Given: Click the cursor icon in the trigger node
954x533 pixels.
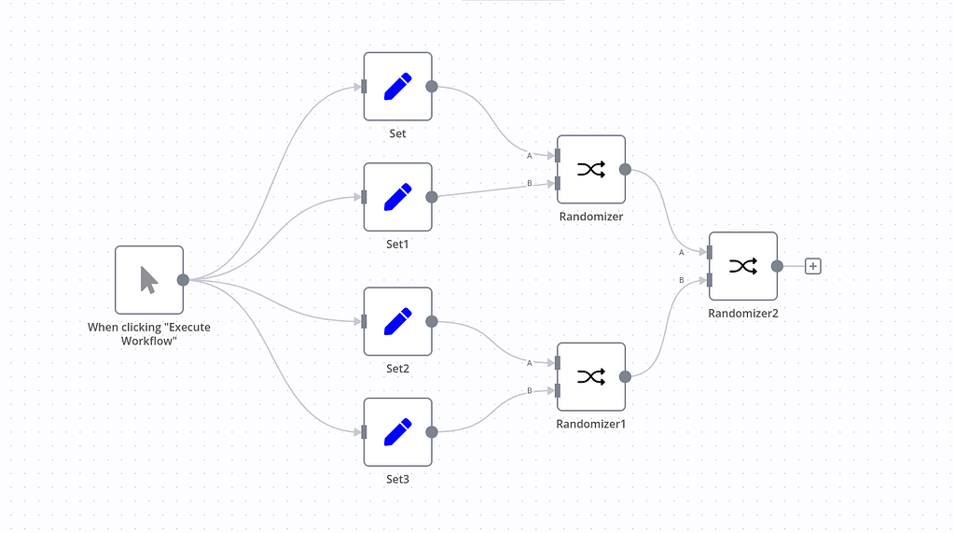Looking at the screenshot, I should (x=149, y=279).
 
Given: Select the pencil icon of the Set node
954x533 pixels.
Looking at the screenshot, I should (x=397, y=87).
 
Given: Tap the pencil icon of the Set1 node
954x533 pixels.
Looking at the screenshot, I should (x=397, y=197).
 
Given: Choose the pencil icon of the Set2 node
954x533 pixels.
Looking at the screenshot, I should (x=397, y=321).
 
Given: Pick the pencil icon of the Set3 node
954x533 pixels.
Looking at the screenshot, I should (x=397, y=431).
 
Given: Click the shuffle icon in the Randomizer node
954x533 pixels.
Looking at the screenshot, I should (x=591, y=169).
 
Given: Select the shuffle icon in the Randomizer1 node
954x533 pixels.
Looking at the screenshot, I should (x=591, y=376).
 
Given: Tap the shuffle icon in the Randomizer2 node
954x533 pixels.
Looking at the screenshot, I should (x=743, y=266).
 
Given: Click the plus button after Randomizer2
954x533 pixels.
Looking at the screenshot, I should (x=813, y=266).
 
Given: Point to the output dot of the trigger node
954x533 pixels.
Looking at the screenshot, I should (x=184, y=279).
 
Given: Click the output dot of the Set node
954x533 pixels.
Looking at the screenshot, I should (x=432, y=87).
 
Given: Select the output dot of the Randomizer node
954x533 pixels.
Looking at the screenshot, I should (x=625, y=169).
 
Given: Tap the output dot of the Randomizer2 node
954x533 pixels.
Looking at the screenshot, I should (x=777, y=266).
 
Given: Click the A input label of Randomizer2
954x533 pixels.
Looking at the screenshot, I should (x=682, y=252).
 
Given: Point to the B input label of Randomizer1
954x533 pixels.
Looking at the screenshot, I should (x=530, y=390).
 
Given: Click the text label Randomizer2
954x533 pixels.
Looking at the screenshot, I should (x=742, y=314).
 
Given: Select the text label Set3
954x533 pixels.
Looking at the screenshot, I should (x=397, y=479).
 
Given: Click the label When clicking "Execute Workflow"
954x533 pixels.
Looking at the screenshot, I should (x=148, y=334).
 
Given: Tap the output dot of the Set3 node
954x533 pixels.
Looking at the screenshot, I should (x=432, y=431).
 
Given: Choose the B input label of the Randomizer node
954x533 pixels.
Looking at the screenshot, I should (x=530, y=183).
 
